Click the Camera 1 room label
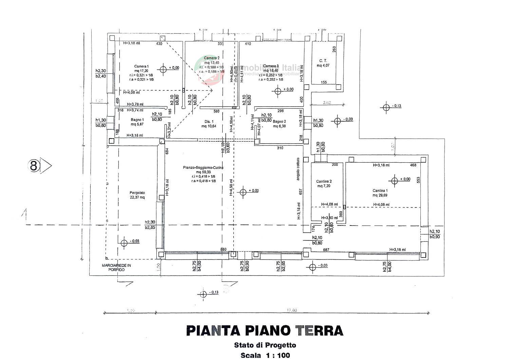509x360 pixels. (x=142, y=67)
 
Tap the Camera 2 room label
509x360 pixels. (x=212, y=58)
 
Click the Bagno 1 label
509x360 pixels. (x=137, y=120)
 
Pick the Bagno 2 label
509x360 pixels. (x=279, y=121)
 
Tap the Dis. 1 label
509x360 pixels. (x=209, y=122)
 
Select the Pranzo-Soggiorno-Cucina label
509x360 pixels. (x=203, y=168)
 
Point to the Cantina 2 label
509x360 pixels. (x=324, y=181)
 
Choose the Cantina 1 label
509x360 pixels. (x=380, y=191)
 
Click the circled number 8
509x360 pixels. (x=34, y=166)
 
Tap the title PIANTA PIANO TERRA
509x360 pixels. (x=265, y=330)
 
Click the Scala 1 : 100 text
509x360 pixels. (x=265, y=355)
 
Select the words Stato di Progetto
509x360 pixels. (x=265, y=345)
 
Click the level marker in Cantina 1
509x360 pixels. (x=394, y=180)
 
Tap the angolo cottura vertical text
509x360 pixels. (x=298, y=169)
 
